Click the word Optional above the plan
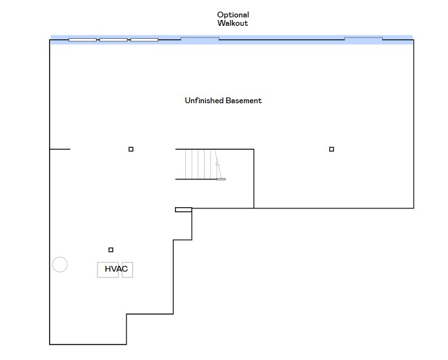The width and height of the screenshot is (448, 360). pos(233,15)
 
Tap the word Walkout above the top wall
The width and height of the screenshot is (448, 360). pos(233,23)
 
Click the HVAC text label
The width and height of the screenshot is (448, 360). pos(116,269)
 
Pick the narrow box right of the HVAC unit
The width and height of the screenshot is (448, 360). pos(127,270)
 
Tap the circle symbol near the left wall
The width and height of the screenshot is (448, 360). pos(59,265)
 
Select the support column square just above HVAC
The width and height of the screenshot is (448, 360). pos(111,250)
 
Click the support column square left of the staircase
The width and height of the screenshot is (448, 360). pos(131,149)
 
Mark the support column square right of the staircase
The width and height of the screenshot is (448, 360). pos(332,149)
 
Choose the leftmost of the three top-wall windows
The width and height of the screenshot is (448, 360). pos(83,40)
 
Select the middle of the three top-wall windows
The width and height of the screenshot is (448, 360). pos(114,40)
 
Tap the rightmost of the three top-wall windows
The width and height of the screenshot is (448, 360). pos(145,40)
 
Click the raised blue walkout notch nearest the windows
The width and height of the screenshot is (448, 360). pos(199,39)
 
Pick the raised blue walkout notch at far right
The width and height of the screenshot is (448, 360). pos(363,39)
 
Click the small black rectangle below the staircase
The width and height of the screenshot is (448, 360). pos(183,209)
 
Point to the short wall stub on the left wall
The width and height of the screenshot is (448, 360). pos(60,149)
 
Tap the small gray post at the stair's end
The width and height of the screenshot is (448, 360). pos(221,179)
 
